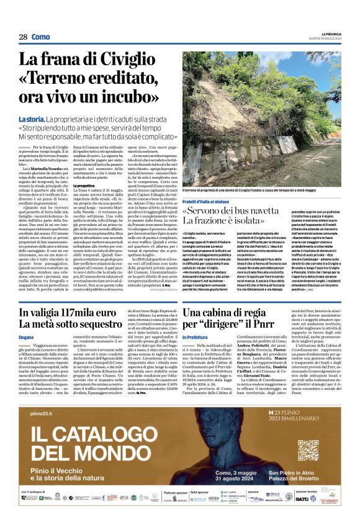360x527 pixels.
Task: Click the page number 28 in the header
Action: click(x=23, y=37)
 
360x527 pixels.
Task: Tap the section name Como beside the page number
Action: click(x=41, y=37)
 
